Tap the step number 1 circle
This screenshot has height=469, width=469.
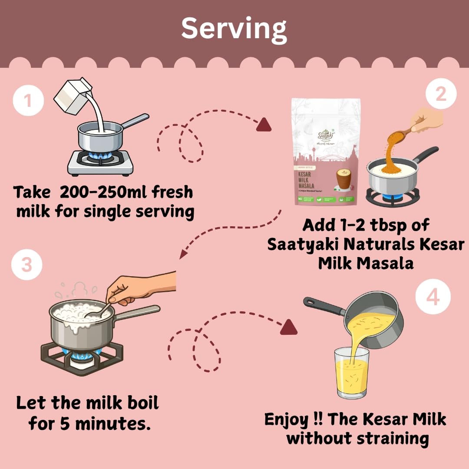coord(28,101)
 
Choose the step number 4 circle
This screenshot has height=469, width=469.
coord(433,298)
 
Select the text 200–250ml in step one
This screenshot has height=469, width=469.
coord(96,192)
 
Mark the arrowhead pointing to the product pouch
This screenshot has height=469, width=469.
coord(264,126)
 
